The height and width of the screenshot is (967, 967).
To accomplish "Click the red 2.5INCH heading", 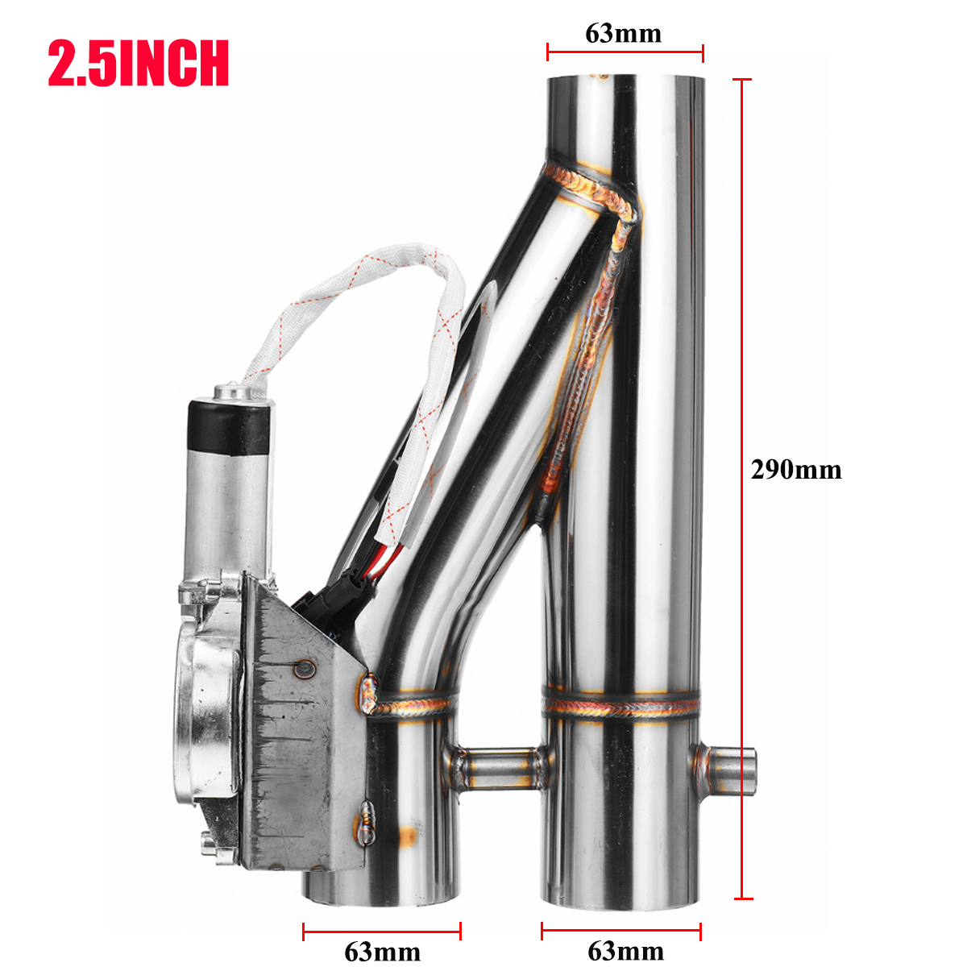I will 139,64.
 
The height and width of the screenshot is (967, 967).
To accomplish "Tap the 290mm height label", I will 795,470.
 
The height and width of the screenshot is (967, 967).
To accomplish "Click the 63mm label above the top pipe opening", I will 624,33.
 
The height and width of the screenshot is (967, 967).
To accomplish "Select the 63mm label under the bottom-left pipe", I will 382,952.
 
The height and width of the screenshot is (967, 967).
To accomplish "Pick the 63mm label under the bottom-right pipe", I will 625,951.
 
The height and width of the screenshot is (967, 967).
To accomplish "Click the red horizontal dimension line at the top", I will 625,54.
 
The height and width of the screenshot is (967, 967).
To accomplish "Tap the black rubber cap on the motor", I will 228,426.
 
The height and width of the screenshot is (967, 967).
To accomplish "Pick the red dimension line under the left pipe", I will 382,932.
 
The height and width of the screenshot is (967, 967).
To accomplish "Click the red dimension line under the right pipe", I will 621,932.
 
